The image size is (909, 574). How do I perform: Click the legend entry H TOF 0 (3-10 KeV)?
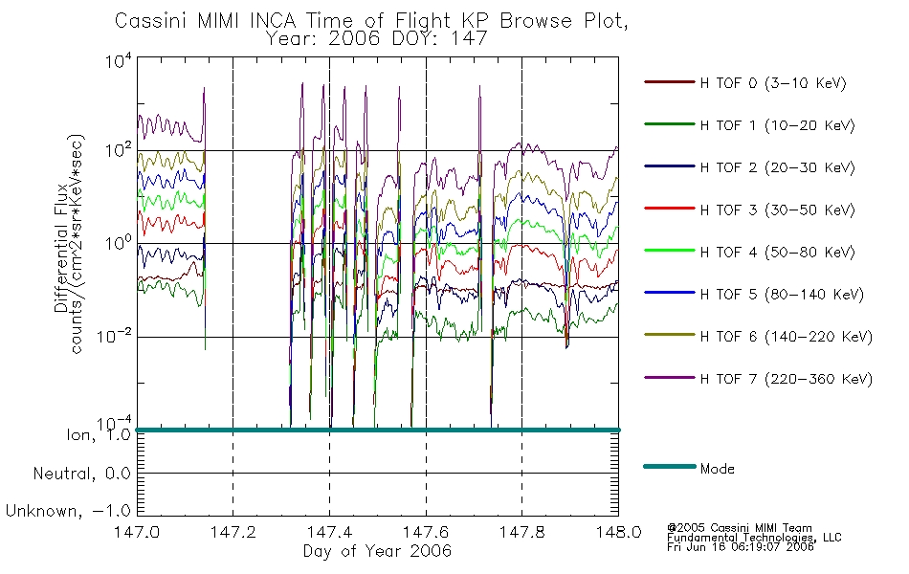(x=773, y=83)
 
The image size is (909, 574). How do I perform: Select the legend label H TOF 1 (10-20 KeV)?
(x=777, y=125)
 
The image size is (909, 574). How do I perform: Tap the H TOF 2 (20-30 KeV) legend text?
(x=777, y=167)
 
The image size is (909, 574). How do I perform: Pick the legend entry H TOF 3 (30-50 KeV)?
(x=777, y=210)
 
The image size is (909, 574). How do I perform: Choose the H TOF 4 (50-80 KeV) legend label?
(x=777, y=253)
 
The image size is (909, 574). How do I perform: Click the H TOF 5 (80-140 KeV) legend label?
(x=782, y=295)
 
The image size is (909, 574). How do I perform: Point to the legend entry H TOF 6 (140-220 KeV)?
(x=787, y=337)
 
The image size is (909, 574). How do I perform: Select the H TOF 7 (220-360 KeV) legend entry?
(x=787, y=379)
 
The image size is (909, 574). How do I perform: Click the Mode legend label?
(x=717, y=469)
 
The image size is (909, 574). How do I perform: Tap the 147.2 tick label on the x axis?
(x=233, y=532)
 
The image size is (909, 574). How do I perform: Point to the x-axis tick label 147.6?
(x=426, y=532)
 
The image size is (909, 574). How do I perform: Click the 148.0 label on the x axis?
(x=618, y=532)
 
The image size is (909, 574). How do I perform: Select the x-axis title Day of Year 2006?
(x=377, y=551)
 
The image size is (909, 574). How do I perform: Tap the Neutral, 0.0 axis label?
(x=81, y=475)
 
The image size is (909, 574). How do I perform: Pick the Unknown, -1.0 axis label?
(x=68, y=512)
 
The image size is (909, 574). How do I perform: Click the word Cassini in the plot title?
(x=152, y=21)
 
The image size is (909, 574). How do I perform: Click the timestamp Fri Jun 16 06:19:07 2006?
(x=741, y=547)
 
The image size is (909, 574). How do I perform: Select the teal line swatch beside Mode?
(x=670, y=466)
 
